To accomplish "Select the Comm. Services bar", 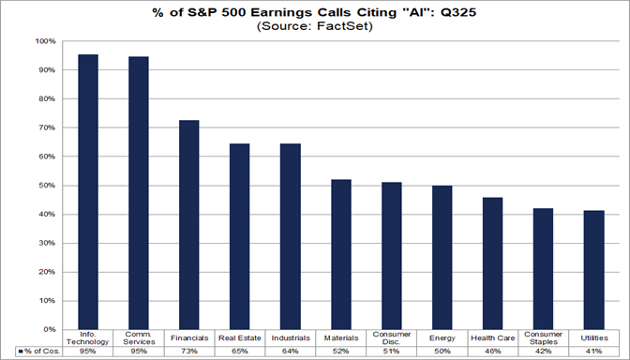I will [140, 193].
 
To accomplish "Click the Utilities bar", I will [593, 270].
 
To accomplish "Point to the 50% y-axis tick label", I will [44, 186].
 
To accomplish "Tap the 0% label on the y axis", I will [47, 330].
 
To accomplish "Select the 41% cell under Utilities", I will [593, 351].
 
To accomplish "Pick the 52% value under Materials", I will [341, 351].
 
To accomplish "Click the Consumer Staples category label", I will [543, 338].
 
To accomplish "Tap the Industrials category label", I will [291, 336].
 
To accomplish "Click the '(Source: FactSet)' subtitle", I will [315, 27].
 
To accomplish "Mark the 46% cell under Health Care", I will [492, 351].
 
